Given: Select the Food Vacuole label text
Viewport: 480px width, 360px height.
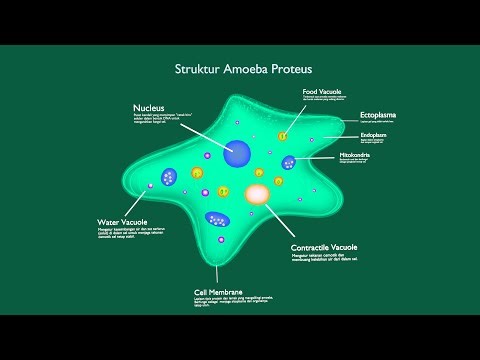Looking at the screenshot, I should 326,93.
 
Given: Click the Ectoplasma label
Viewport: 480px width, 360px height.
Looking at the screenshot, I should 380,116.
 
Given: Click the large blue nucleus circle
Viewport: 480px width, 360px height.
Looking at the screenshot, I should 238,153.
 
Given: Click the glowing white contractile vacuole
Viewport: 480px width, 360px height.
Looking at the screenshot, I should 257,193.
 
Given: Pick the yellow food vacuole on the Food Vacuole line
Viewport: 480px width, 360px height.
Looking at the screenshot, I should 283,135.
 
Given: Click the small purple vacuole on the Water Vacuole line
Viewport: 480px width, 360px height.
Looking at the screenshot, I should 151,186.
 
